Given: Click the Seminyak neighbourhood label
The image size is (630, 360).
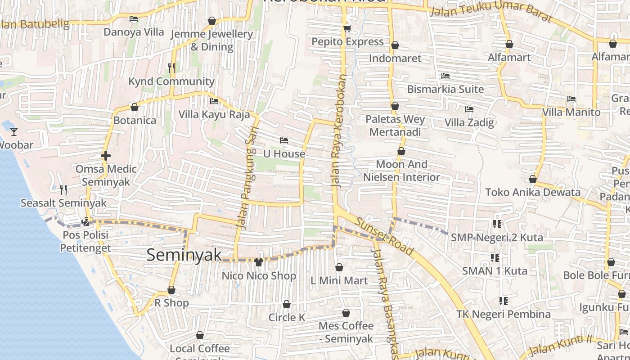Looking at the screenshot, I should (184, 255).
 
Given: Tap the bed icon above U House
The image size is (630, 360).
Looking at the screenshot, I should (283, 140).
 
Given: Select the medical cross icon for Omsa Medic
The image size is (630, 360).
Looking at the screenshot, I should (106, 156).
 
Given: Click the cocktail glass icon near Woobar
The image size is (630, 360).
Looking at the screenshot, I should (14, 131).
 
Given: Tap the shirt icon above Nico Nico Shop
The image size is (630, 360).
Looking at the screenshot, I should (258, 262).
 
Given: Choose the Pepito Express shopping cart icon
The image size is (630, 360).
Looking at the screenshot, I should (347, 28).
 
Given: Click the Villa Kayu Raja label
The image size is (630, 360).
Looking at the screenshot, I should (214, 114).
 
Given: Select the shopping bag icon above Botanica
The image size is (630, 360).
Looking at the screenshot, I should (134, 107).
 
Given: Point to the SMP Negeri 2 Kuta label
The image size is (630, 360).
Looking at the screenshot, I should (497, 237).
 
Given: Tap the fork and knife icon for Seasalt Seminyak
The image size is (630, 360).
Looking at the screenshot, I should (63, 190).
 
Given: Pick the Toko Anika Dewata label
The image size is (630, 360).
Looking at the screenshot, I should (533, 193).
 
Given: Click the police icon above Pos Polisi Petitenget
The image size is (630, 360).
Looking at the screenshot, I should (85, 221).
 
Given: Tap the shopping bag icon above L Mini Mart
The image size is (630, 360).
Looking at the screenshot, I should (339, 267).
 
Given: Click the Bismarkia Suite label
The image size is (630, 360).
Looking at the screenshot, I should (445, 89).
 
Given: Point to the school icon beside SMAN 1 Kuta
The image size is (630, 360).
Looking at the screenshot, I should (495, 258).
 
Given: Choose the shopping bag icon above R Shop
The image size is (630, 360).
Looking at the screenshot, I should (171, 290).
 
